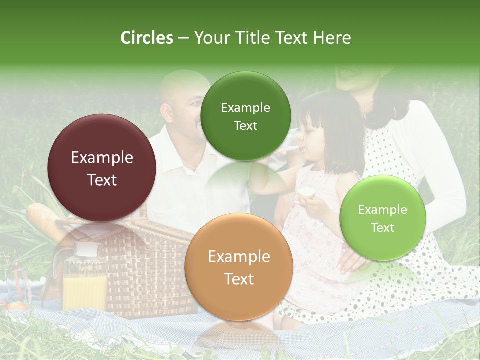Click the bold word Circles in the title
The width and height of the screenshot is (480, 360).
pos(146,38)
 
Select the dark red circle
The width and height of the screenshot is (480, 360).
pos(102,168)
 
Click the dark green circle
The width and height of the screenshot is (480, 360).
pos(245,116)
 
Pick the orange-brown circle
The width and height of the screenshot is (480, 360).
pos(238,267)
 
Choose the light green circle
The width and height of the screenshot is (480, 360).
pos(382,218)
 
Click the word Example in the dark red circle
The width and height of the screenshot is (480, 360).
pos(102,158)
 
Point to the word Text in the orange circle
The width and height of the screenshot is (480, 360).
pos(239,279)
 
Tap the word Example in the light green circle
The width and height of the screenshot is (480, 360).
pos(382,209)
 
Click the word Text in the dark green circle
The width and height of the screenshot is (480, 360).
pos(245,125)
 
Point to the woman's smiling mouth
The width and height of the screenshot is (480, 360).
pos(347,72)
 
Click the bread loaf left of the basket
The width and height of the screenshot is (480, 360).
pos(42,220)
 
